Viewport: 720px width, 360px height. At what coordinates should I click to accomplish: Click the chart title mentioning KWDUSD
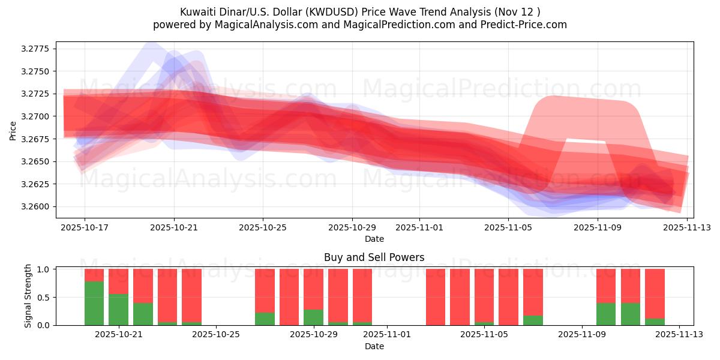[360, 12]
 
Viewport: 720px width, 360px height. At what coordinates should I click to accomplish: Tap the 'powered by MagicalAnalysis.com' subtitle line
[360, 25]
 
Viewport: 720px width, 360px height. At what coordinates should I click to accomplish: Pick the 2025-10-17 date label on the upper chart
[85, 228]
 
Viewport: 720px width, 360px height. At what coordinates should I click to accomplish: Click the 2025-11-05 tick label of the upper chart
[508, 228]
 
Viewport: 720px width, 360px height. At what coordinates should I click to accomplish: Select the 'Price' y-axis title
[13, 130]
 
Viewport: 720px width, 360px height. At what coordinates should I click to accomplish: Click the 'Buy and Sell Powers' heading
[374, 257]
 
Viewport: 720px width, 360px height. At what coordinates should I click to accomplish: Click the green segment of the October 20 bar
[94, 303]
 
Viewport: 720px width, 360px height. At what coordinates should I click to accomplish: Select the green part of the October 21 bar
[118, 310]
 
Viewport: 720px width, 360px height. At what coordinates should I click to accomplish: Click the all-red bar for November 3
[436, 297]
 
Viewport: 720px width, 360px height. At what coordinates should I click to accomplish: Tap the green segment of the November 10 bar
[606, 314]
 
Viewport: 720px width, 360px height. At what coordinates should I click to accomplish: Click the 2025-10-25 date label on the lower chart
[216, 334]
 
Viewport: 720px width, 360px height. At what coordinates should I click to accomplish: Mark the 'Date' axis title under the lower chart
[374, 346]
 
